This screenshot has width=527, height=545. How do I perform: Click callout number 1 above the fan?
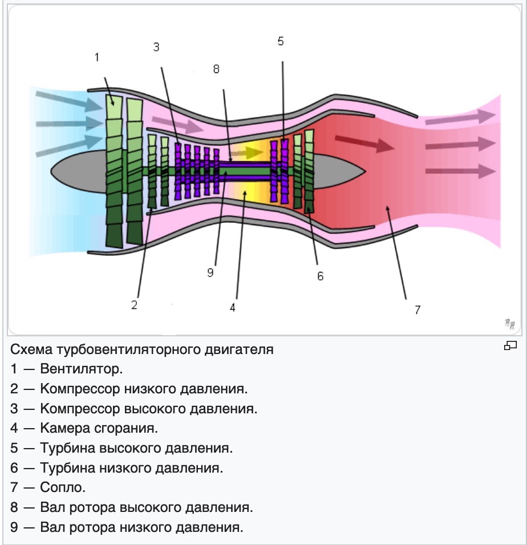coord(97,57)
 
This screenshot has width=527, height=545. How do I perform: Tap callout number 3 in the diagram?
coord(156,47)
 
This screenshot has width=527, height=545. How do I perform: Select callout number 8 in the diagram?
coord(216,69)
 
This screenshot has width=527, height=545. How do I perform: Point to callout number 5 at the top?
coord(281,41)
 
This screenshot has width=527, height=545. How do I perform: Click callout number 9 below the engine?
coord(210,272)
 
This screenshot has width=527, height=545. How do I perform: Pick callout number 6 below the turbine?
coord(320,276)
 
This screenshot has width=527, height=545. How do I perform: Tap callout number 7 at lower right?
coord(417,310)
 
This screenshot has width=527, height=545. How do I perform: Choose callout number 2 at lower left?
coord(134,305)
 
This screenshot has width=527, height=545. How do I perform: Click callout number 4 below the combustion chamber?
coord(232,308)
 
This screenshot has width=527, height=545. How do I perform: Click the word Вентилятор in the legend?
coord(82,369)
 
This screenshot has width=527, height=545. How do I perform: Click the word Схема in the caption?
coord(32,349)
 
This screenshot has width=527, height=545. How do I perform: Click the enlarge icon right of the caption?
coord(510,345)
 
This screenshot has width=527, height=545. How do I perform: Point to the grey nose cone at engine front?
coord(79,172)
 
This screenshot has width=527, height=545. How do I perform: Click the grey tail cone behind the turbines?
coord(339,172)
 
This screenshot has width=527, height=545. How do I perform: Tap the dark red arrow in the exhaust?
coord(364,144)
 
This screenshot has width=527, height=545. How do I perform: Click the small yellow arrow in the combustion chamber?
coord(247,152)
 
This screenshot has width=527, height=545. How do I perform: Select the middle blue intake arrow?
coord(70,123)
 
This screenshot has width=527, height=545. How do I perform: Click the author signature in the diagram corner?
coord(510,324)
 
